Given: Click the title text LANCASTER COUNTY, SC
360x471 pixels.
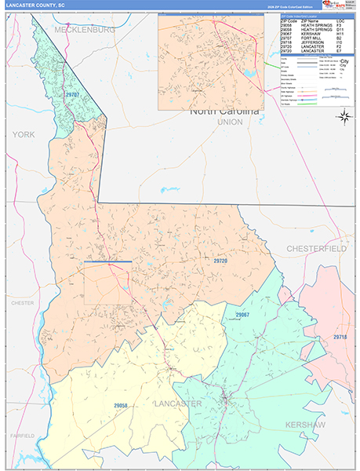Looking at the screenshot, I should pyautogui.click(x=37, y=5).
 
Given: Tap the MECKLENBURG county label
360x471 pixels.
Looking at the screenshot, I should pyautogui.click(x=84, y=29).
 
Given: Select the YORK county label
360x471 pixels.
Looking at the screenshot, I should pyautogui.click(x=23, y=135).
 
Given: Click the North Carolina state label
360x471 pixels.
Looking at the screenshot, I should pyautogui.click(x=224, y=111).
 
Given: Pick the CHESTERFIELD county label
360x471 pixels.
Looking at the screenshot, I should pyautogui.click(x=316, y=248).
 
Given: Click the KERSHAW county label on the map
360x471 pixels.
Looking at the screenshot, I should pyautogui.click(x=324, y=424).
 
